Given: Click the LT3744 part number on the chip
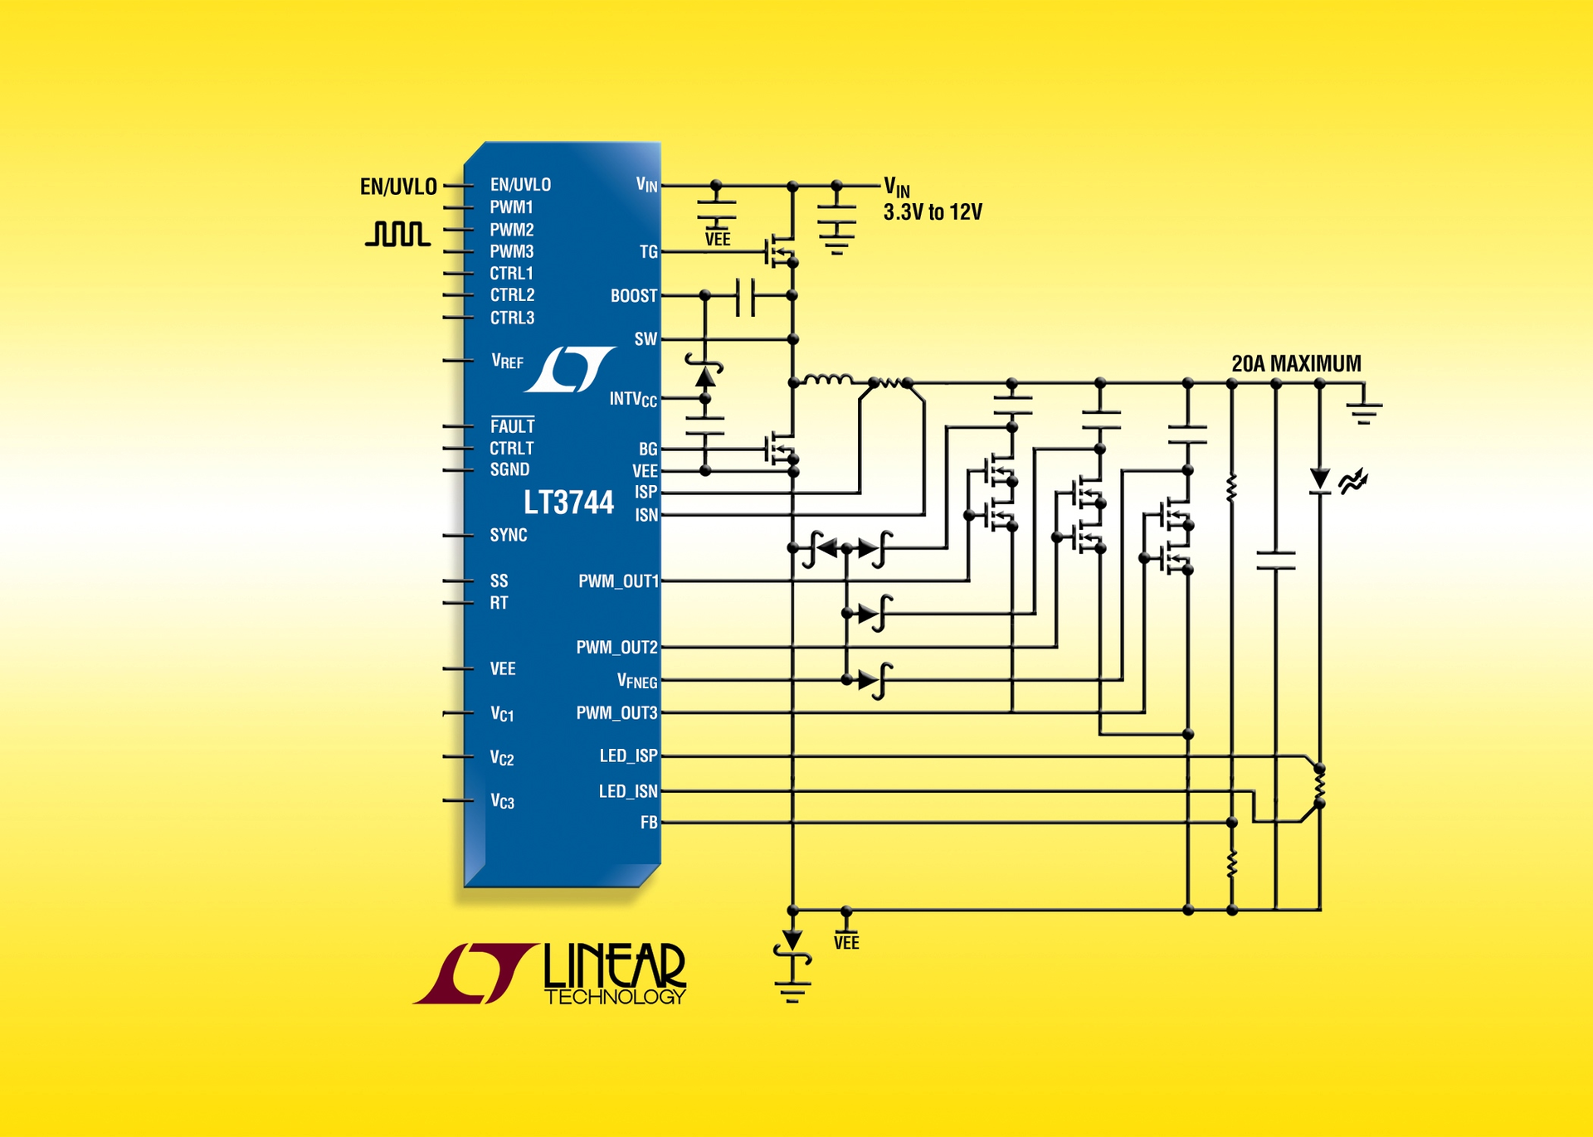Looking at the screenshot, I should click(x=568, y=503).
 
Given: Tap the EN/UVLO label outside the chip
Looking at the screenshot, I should click(x=398, y=187).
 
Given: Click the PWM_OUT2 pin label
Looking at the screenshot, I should click(x=616, y=647).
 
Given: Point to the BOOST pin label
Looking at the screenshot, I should click(x=633, y=296).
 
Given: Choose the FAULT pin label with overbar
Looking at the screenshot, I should click(x=512, y=426).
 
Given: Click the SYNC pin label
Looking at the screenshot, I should click(x=508, y=535).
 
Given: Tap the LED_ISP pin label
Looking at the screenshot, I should click(x=628, y=756).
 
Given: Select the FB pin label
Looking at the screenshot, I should click(x=648, y=823).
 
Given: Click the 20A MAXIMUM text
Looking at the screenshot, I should click(x=1296, y=363).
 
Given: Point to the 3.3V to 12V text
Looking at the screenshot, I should click(x=933, y=212).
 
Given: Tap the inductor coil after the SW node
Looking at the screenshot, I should click(x=828, y=380).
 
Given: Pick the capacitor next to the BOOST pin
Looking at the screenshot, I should click(x=746, y=296).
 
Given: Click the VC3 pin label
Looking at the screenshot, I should click(x=502, y=801).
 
